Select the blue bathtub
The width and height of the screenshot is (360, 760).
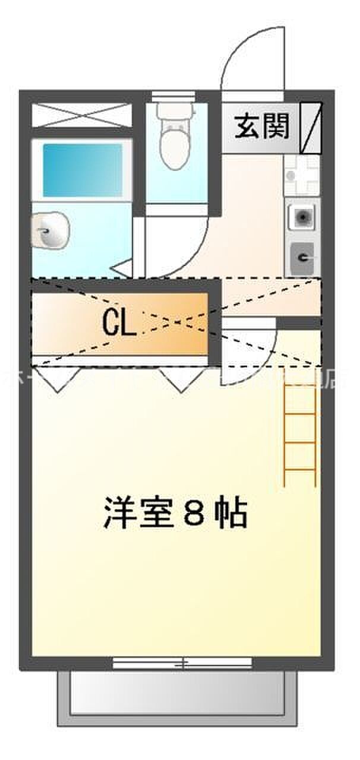click(82, 169)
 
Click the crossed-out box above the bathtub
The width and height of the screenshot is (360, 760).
click(81, 115)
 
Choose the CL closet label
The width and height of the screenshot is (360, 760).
click(119, 324)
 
